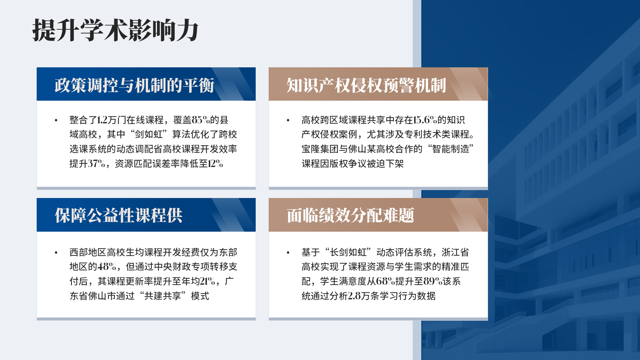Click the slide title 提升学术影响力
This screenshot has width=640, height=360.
click(115, 30)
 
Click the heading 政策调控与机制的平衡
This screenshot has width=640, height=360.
click(134, 85)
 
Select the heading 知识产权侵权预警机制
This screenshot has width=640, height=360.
click(366, 85)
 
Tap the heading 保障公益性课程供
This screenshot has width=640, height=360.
click(119, 215)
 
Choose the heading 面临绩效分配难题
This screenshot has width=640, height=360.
click(351, 215)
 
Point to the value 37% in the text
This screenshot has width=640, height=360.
click(97, 163)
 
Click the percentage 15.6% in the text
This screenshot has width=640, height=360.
click(425, 120)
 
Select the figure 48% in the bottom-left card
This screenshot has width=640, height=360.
click(107, 267)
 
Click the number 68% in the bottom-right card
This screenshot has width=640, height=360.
click(385, 281)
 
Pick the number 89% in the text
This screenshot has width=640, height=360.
click(433, 281)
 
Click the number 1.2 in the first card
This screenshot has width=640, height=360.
click(102, 120)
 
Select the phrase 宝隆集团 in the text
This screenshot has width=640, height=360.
click(320, 149)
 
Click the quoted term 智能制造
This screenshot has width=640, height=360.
click(450, 149)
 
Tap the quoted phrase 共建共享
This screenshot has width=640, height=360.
click(163, 296)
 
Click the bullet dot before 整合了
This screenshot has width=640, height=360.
click(56, 120)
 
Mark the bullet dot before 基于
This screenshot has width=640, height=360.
click(288, 252)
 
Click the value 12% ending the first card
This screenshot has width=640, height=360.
click(215, 163)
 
